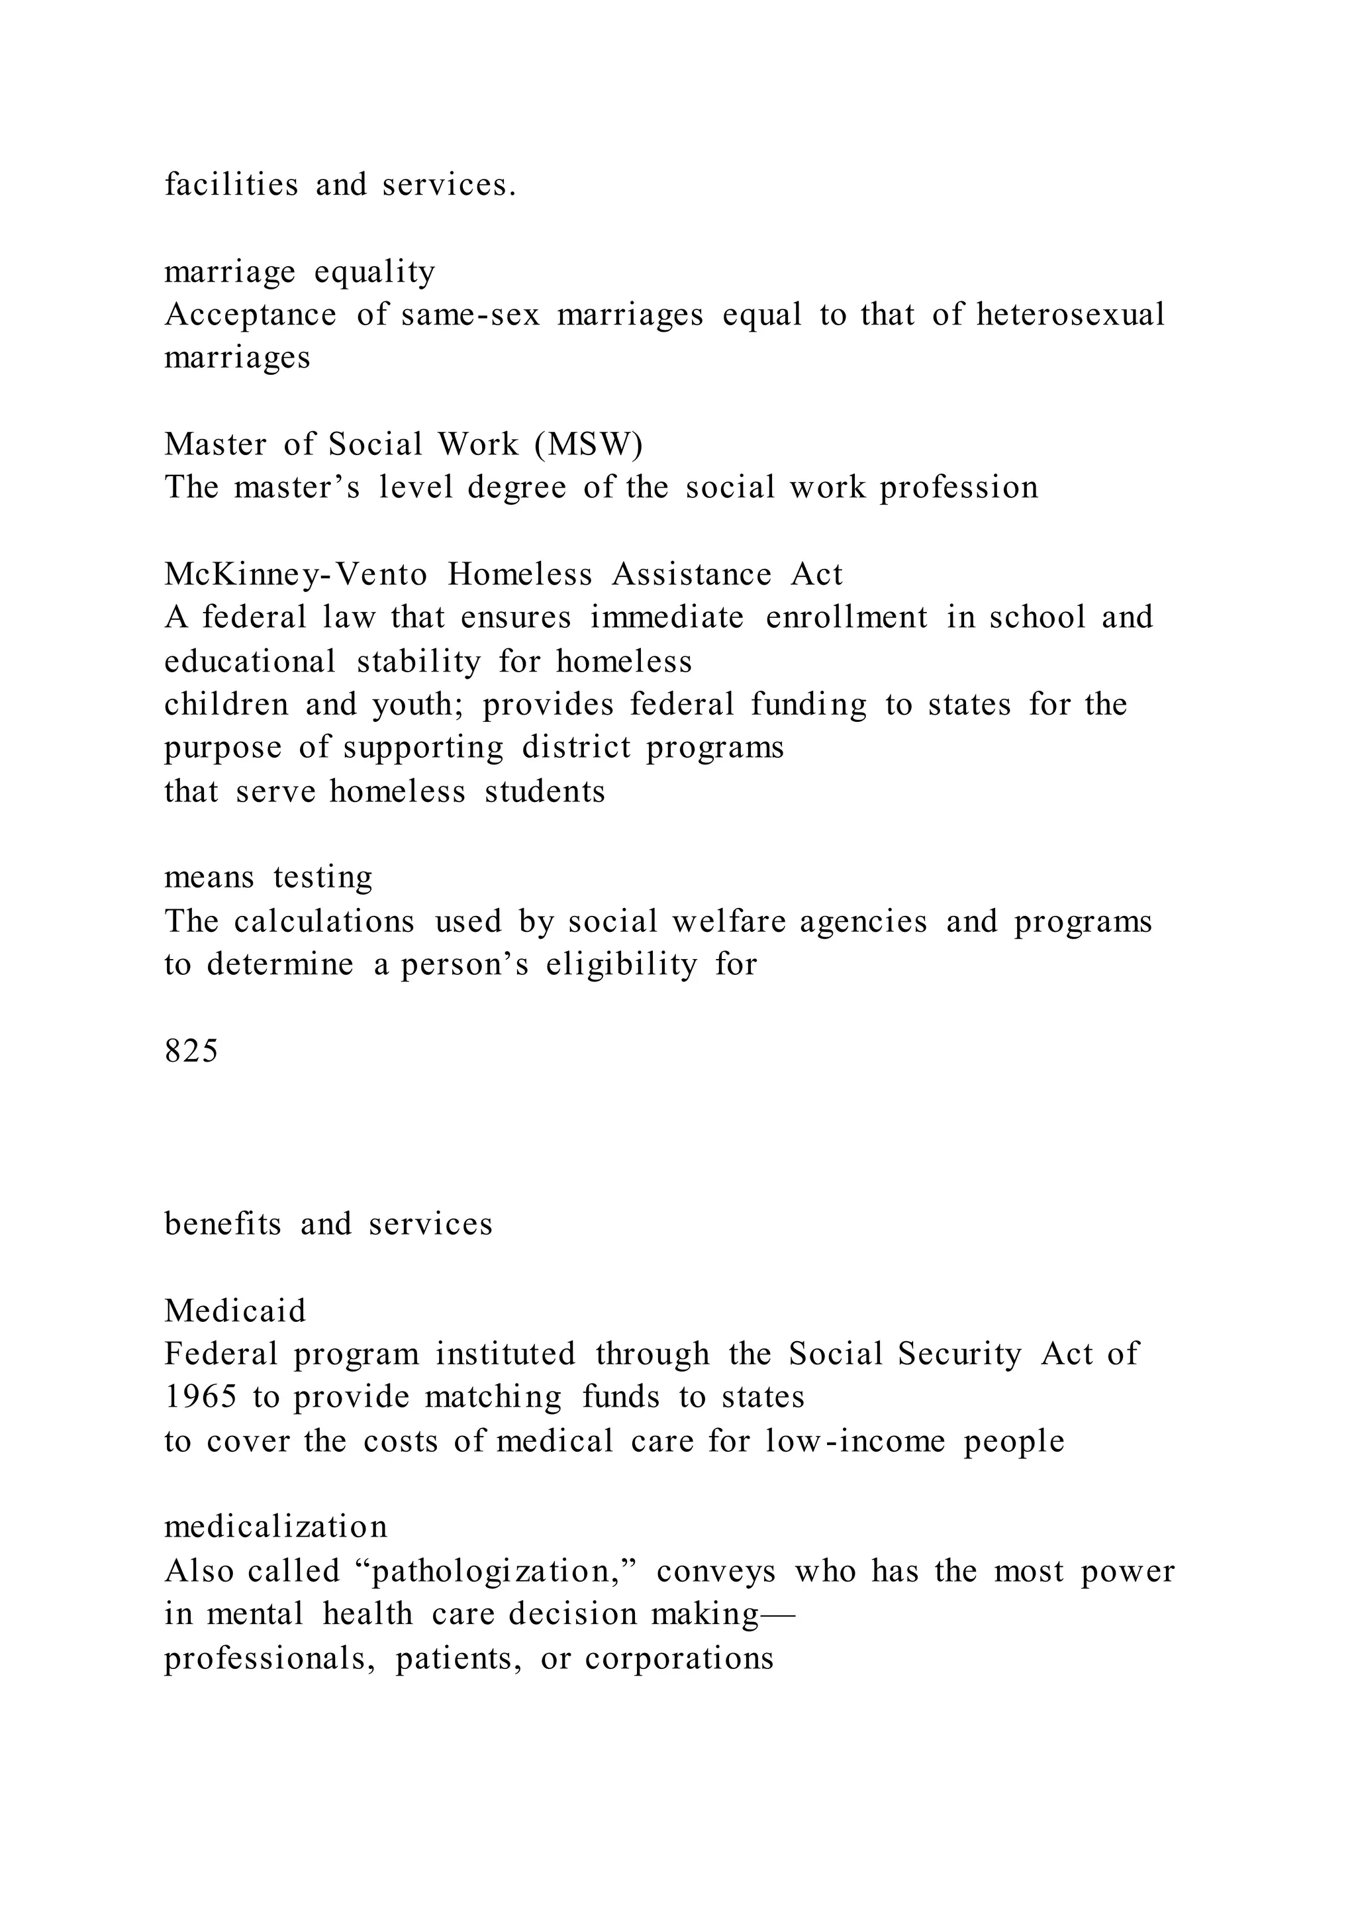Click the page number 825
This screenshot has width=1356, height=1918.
coord(191,1051)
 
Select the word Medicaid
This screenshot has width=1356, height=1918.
coord(236,1311)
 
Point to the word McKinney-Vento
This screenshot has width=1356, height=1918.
coord(295,575)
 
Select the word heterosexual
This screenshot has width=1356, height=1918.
coord(1071,315)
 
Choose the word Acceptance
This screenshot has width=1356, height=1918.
coord(250,315)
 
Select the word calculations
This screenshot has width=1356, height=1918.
coord(324,921)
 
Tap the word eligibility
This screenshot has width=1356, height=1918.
coord(621,965)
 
